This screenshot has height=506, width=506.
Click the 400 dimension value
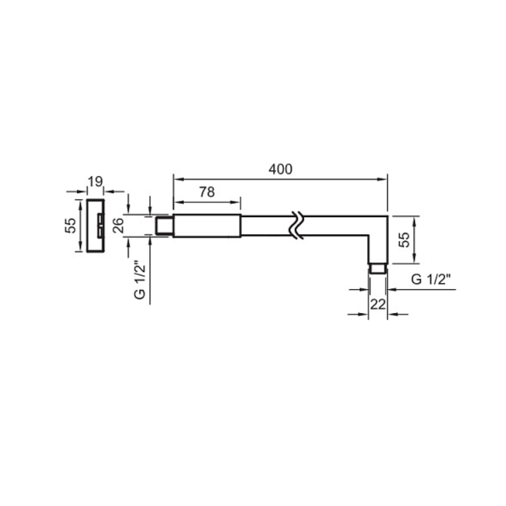pyautogui.click(x=280, y=169)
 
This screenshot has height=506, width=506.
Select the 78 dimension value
pyautogui.click(x=207, y=192)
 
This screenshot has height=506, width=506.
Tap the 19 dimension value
pyautogui.click(x=95, y=182)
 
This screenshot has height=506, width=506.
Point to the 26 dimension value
pyautogui.click(x=119, y=225)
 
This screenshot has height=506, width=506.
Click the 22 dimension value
pyautogui.click(x=378, y=304)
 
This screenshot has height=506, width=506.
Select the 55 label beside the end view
pyautogui.click(x=70, y=225)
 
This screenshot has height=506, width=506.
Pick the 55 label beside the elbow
pyautogui.click(x=404, y=240)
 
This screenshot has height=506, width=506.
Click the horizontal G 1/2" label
pyautogui.click(x=431, y=279)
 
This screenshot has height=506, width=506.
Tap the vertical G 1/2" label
pyautogui.click(x=140, y=280)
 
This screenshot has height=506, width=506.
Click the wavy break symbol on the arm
pyautogui.click(x=296, y=225)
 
